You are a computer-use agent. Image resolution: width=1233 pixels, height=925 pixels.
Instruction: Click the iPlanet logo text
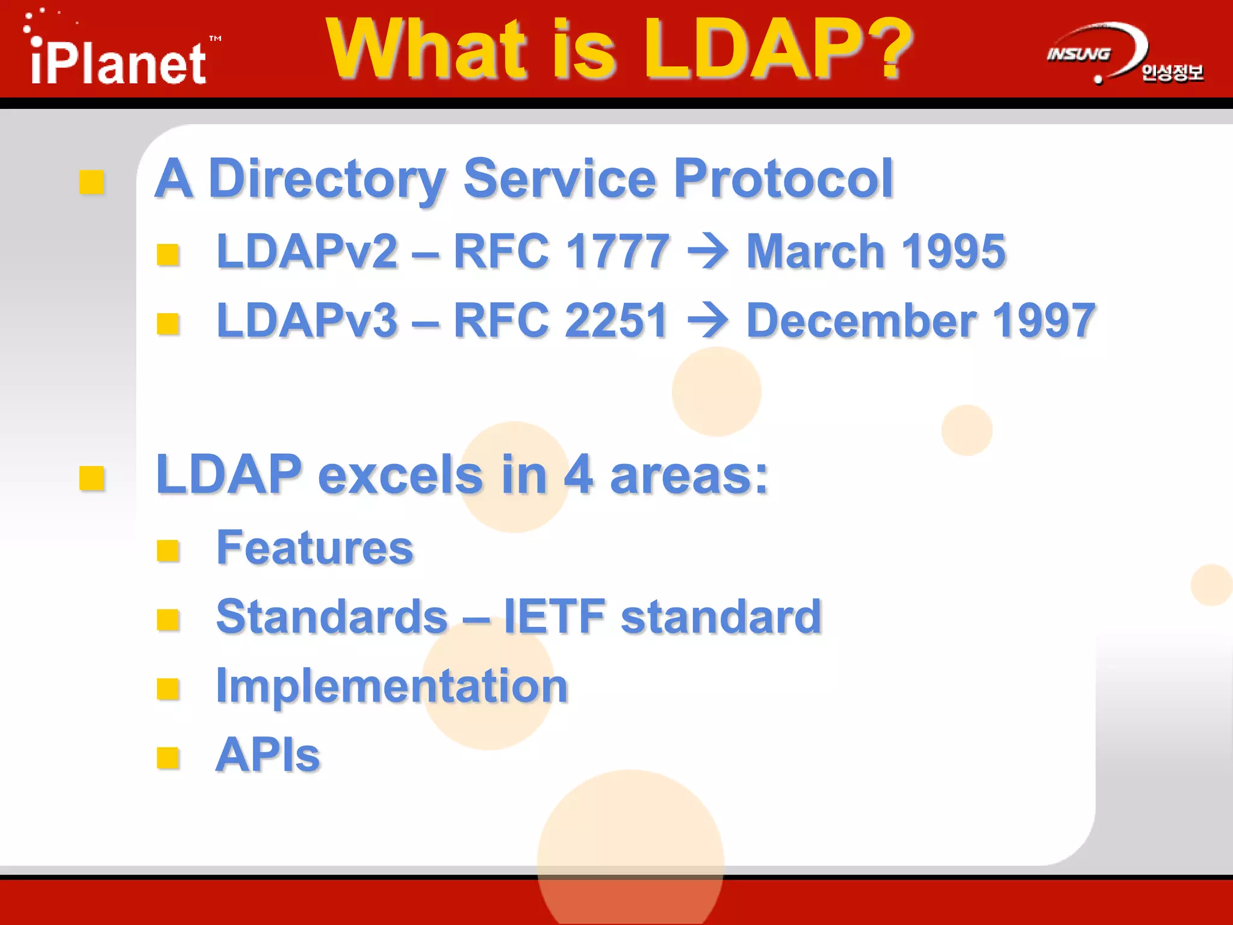119,63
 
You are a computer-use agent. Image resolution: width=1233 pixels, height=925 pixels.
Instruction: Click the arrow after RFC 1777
708,252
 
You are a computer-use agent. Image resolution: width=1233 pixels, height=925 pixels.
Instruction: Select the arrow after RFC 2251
708,321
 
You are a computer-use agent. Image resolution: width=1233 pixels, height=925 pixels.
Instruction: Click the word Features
315,548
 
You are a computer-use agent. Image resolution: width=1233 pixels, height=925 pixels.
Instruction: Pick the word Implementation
392,686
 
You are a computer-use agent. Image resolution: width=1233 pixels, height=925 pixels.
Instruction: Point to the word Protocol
783,178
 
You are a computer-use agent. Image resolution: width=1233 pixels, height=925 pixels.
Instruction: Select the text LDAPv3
307,320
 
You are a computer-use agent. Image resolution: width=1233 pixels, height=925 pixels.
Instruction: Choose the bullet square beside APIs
168,758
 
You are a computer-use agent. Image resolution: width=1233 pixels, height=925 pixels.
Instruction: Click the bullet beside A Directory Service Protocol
92,182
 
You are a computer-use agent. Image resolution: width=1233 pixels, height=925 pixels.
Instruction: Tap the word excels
400,475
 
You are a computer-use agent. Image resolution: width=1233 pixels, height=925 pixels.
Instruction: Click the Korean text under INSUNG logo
1172,73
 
